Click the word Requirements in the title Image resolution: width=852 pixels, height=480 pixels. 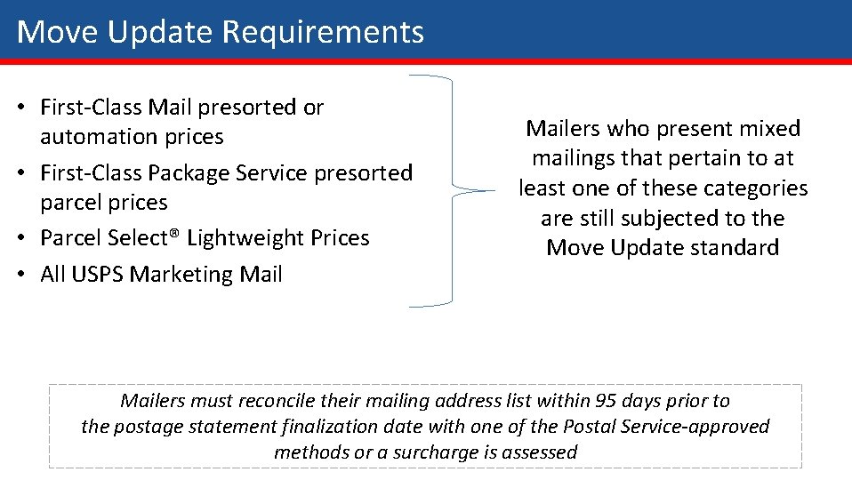click(322, 33)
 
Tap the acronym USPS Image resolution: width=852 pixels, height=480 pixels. click(97, 274)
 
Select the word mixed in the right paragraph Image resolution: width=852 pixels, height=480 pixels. click(770, 129)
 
